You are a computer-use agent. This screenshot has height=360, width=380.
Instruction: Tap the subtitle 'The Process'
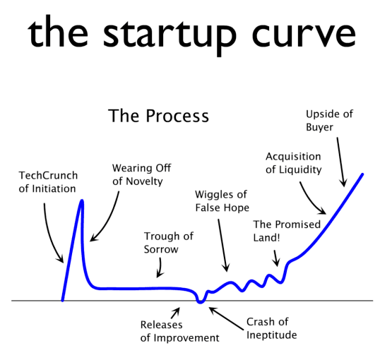tap(158, 116)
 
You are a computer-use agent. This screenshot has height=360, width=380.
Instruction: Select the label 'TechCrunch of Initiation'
tap(48, 182)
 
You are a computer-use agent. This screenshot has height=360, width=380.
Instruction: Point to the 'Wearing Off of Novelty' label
tap(141, 174)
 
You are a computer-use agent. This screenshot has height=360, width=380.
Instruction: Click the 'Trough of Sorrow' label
tap(169, 243)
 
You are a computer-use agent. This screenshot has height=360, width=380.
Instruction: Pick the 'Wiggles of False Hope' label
tap(222, 201)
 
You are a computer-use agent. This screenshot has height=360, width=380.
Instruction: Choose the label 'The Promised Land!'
tap(287, 231)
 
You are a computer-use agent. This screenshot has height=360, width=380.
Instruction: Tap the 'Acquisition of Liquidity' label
tap(294, 163)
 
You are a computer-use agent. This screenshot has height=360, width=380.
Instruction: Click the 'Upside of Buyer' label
tap(329, 121)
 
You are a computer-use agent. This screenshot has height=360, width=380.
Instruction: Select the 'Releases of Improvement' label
tap(179, 331)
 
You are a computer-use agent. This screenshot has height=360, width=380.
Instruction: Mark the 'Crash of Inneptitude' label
tap(271, 328)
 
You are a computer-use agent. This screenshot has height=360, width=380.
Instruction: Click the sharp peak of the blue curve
tap(82, 201)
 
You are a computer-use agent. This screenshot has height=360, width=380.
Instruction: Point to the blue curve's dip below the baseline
tap(200, 302)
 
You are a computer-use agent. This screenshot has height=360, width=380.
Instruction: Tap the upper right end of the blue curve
tap(362, 174)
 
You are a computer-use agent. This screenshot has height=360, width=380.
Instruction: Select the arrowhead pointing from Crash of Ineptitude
tap(211, 309)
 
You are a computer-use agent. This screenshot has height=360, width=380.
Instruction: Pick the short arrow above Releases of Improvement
tap(175, 313)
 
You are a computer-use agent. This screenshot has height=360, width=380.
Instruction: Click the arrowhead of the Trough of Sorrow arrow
tap(159, 275)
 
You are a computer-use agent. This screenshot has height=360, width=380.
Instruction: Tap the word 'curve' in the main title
tap(304, 34)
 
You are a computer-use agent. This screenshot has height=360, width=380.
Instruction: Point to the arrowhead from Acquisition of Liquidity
tap(323, 212)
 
